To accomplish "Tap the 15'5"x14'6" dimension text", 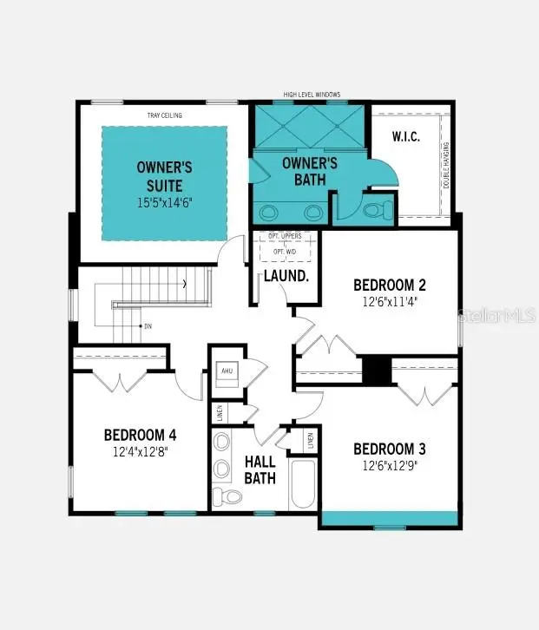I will (x=164, y=201).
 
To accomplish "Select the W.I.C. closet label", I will (x=406, y=136).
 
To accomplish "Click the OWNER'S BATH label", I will (x=309, y=172).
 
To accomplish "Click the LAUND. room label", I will (x=287, y=276).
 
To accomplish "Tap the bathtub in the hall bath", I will (x=303, y=483).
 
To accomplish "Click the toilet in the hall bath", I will (x=227, y=497).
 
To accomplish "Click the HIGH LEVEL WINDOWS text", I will (x=312, y=94).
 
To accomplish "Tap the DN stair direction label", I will (x=147, y=327).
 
